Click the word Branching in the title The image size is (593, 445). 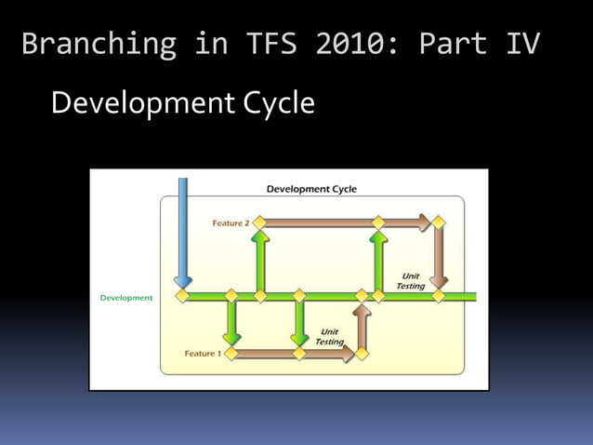click(98, 44)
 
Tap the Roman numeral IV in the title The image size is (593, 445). click(522, 44)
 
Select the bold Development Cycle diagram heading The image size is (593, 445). click(311, 189)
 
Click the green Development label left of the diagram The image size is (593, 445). click(126, 298)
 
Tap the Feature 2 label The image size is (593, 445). click(231, 223)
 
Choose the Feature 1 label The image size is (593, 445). click(203, 354)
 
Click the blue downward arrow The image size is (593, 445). click(182, 228)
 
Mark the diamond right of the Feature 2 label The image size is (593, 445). click(260, 222)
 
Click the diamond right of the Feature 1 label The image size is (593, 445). click(231, 353)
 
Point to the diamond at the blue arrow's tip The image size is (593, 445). click(183, 296)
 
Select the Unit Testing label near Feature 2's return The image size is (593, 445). click(410, 281)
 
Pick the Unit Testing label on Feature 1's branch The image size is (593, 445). click(329, 336)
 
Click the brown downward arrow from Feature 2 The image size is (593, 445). click(439, 256)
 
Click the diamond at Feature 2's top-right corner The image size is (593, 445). click(439, 222)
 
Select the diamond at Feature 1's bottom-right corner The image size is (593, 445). click(362, 353)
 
